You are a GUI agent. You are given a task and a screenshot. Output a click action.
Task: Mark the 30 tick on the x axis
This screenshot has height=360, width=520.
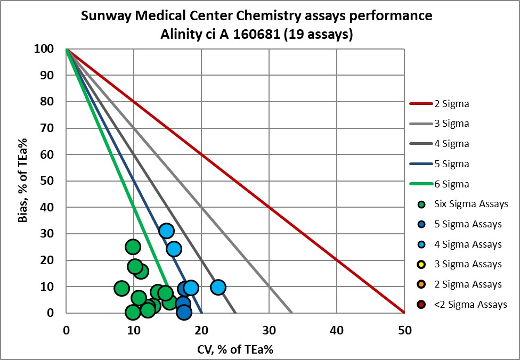click(x=270, y=330)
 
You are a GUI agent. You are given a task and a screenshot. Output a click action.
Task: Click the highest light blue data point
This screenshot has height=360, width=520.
click(x=166, y=231)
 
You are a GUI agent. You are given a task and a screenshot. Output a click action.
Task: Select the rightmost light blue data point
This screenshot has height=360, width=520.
click(x=218, y=288)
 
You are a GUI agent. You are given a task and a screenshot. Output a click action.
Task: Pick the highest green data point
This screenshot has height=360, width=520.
click(x=133, y=247)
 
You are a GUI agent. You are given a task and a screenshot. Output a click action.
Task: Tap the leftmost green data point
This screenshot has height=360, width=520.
click(x=121, y=288)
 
